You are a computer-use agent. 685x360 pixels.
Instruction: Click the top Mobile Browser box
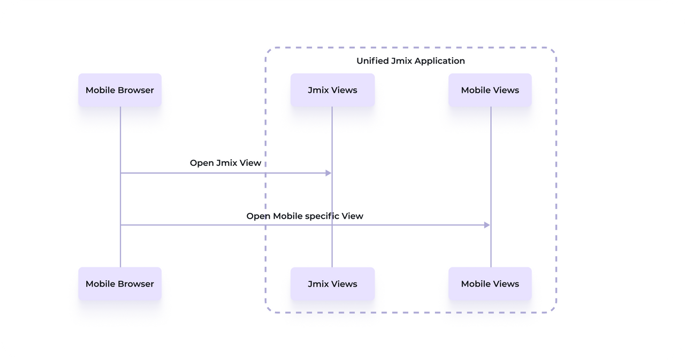(120, 90)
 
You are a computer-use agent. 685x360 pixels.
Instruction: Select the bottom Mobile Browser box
(120, 284)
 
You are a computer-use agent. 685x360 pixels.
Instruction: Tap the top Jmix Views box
(332, 90)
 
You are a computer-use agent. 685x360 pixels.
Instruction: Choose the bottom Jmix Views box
(332, 284)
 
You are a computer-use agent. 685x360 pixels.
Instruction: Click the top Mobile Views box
(490, 90)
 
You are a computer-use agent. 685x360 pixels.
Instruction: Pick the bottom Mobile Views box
(490, 284)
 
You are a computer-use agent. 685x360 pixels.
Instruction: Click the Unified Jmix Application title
(410, 61)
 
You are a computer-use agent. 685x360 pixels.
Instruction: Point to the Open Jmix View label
(225, 163)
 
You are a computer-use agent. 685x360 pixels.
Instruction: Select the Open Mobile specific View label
(305, 216)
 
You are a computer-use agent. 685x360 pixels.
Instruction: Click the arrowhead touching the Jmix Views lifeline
(328, 173)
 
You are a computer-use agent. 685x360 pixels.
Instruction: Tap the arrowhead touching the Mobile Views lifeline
(487, 225)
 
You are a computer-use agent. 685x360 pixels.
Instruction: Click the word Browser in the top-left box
(136, 90)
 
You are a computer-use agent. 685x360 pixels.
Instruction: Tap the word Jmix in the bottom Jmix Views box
(318, 284)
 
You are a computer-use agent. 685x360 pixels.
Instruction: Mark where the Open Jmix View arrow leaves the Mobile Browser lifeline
(120, 173)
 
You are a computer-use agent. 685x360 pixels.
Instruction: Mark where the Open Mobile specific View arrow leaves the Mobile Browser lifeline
(120, 225)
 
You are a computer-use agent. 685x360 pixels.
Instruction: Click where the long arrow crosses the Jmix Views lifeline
(332, 225)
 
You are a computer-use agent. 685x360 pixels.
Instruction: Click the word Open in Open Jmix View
(201, 163)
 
